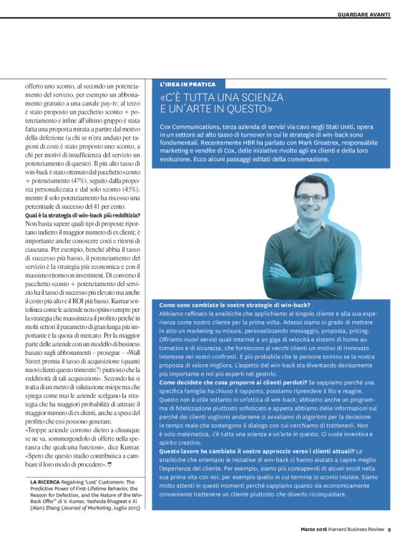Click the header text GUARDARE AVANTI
[x=363, y=15]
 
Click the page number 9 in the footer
[x=389, y=531]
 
